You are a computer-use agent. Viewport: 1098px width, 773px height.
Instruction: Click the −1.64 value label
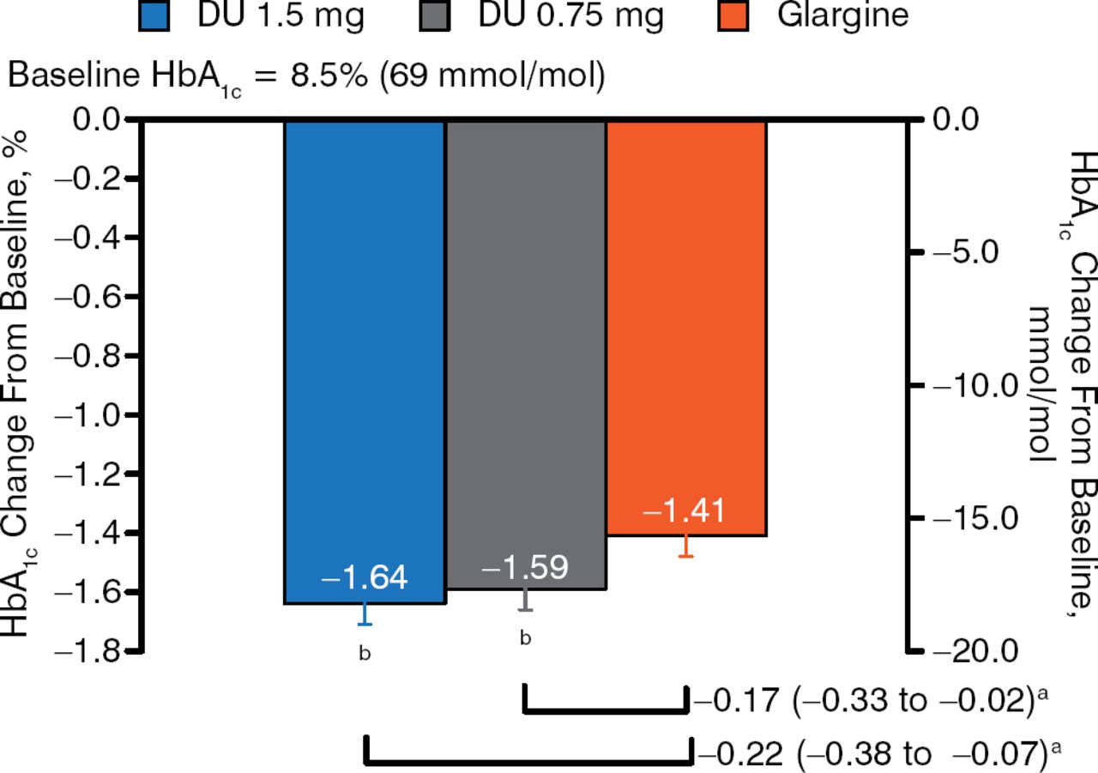tap(365, 577)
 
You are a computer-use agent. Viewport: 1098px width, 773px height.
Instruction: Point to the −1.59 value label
tap(525, 568)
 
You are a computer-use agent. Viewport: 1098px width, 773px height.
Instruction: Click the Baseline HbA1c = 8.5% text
tap(306, 77)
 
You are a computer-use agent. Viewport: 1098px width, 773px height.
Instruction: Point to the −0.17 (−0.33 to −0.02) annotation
tap(870, 701)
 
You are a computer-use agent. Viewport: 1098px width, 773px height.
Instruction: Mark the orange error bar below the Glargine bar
tap(685, 547)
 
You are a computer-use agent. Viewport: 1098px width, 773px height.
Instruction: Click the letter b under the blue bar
tap(365, 654)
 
